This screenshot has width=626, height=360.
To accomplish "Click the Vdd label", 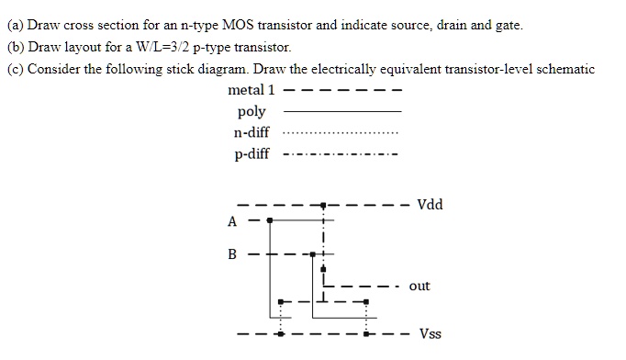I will (x=430, y=204).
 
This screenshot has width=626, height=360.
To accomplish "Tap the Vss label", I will (x=430, y=333).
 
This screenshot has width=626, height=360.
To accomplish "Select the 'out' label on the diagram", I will (x=419, y=286).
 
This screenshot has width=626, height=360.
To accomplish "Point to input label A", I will (x=231, y=220).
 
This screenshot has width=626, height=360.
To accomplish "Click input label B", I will (x=231, y=253).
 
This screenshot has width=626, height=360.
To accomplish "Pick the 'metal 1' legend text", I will (x=251, y=90).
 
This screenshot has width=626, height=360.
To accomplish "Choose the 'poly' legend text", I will (x=252, y=111).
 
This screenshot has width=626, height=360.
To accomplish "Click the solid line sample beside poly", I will (x=342, y=111).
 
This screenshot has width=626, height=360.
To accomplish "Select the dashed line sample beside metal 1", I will (x=342, y=90).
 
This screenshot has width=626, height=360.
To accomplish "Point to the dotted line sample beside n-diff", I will (x=342, y=133).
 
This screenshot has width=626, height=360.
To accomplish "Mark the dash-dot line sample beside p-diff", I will (x=342, y=154).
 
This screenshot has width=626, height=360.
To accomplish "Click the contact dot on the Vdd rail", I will (x=322, y=205).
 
